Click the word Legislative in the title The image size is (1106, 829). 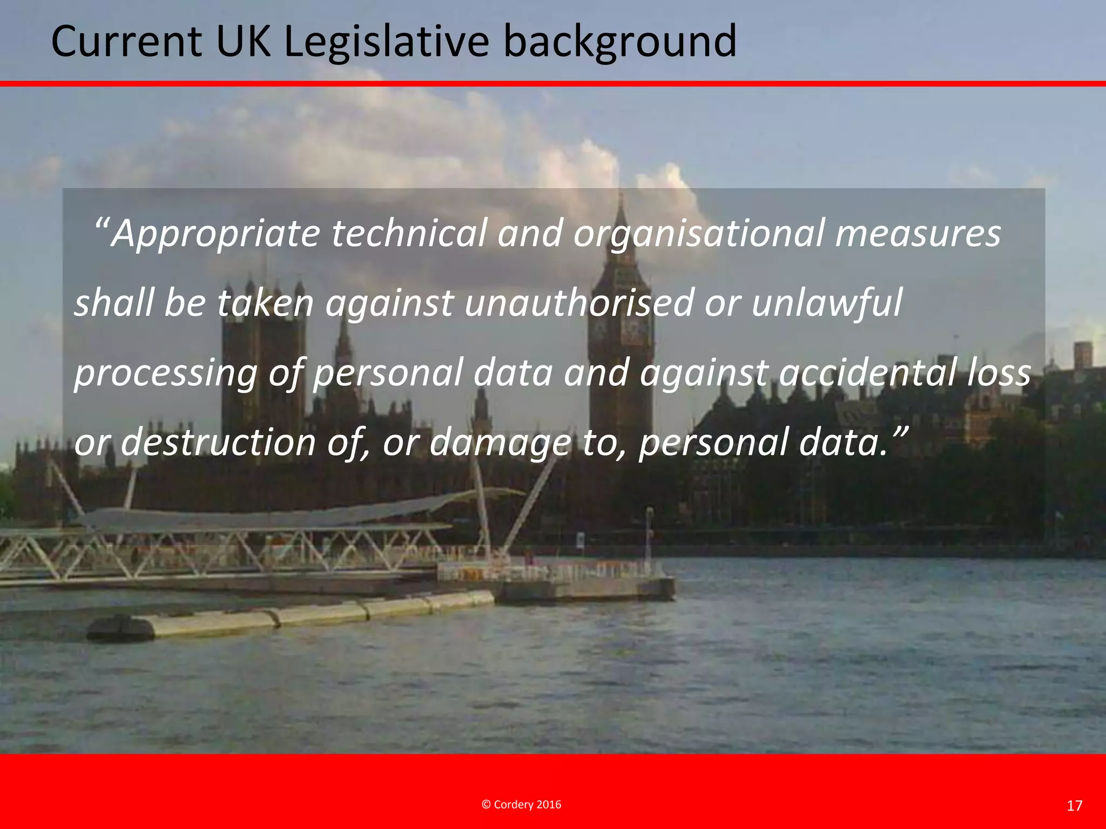click(387, 42)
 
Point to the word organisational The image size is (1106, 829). click(699, 234)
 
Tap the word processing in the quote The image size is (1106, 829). click(165, 373)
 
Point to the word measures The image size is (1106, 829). click(918, 234)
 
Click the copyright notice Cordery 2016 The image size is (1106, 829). click(521, 805)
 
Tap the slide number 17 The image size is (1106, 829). click(1075, 806)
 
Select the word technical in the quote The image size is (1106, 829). click(409, 234)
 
